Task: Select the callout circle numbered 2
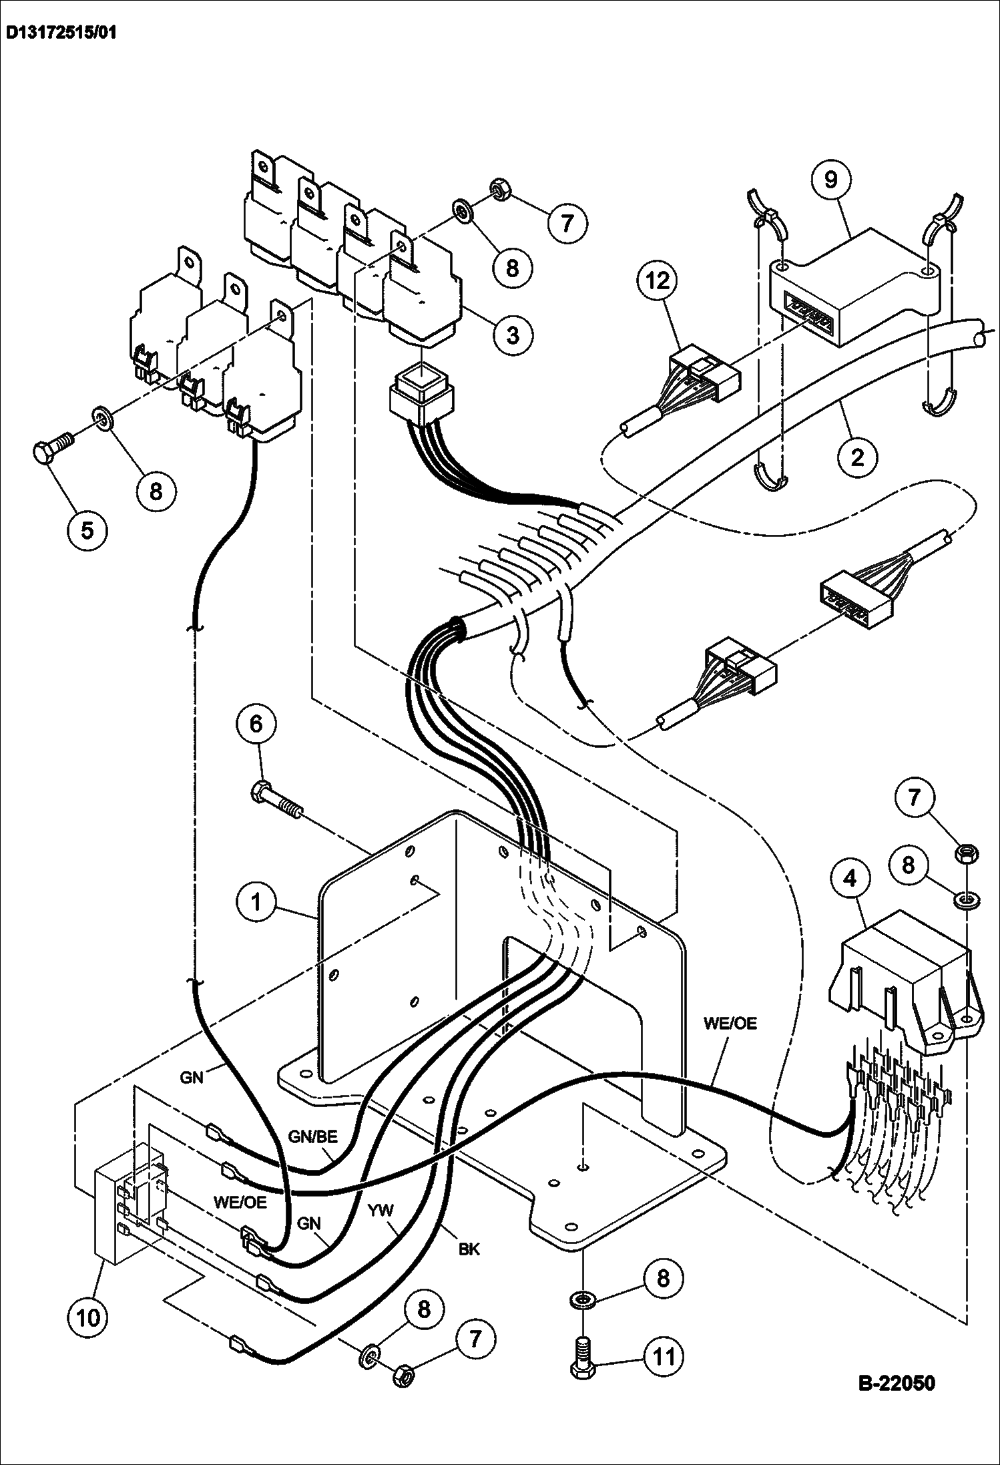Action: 857,457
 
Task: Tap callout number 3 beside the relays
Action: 512,335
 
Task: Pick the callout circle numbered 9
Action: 830,179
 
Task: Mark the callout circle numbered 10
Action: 87,1317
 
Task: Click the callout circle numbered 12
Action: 658,280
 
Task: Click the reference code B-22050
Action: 895,1382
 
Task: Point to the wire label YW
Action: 384,1210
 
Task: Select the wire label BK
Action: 469,1248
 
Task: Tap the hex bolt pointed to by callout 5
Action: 51,451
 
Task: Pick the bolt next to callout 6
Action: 274,801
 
